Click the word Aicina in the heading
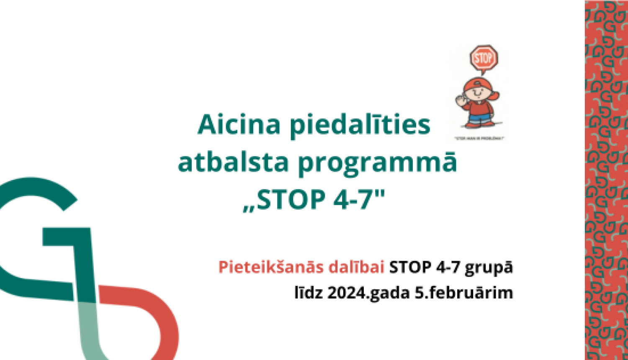point(239,125)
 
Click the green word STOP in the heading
point(291,200)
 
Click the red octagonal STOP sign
point(484,58)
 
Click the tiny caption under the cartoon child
point(479,139)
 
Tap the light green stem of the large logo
point(89,331)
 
